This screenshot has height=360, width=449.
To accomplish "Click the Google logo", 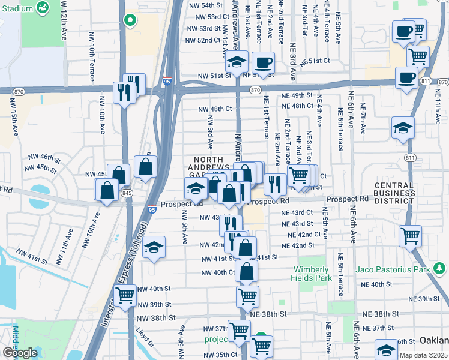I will coord(20,353).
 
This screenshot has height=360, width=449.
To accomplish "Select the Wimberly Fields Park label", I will coord(313,274).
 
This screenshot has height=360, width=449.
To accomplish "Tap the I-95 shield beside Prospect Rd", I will coord(152,209).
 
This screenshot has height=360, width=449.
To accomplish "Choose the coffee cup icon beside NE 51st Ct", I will coord(262,62).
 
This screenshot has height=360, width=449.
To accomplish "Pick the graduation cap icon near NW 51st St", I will coord(237,61).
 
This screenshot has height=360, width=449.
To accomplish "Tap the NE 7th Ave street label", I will coord(364,121).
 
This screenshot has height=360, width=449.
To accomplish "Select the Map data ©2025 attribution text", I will coord(424,355).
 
